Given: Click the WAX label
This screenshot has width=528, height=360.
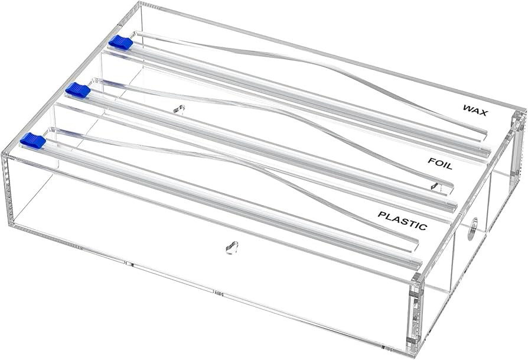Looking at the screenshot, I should (x=475, y=109).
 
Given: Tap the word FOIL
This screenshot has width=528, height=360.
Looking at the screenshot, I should (x=440, y=163).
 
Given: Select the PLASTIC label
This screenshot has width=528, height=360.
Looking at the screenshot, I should (x=402, y=220).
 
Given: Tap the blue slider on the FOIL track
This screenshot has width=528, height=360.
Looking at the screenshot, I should (x=78, y=90).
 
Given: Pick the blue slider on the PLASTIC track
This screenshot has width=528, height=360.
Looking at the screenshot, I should (x=32, y=140).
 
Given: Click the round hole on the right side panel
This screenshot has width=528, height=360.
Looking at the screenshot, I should (x=472, y=230).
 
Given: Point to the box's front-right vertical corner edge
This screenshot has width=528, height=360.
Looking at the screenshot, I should (x=418, y=316).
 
